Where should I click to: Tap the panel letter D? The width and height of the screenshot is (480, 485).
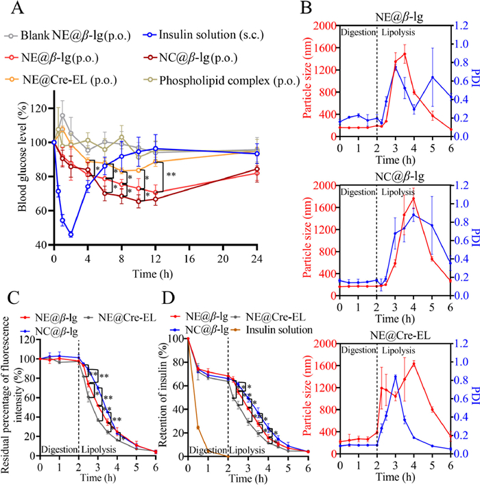[x=169, y=300]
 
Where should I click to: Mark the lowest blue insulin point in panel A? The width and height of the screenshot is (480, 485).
[x=70, y=235]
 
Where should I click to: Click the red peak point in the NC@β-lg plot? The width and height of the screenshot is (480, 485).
[x=414, y=198]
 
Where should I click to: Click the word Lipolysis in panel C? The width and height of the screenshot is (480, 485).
[x=97, y=450]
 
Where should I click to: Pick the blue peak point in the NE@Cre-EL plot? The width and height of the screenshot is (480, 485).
[x=396, y=376]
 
